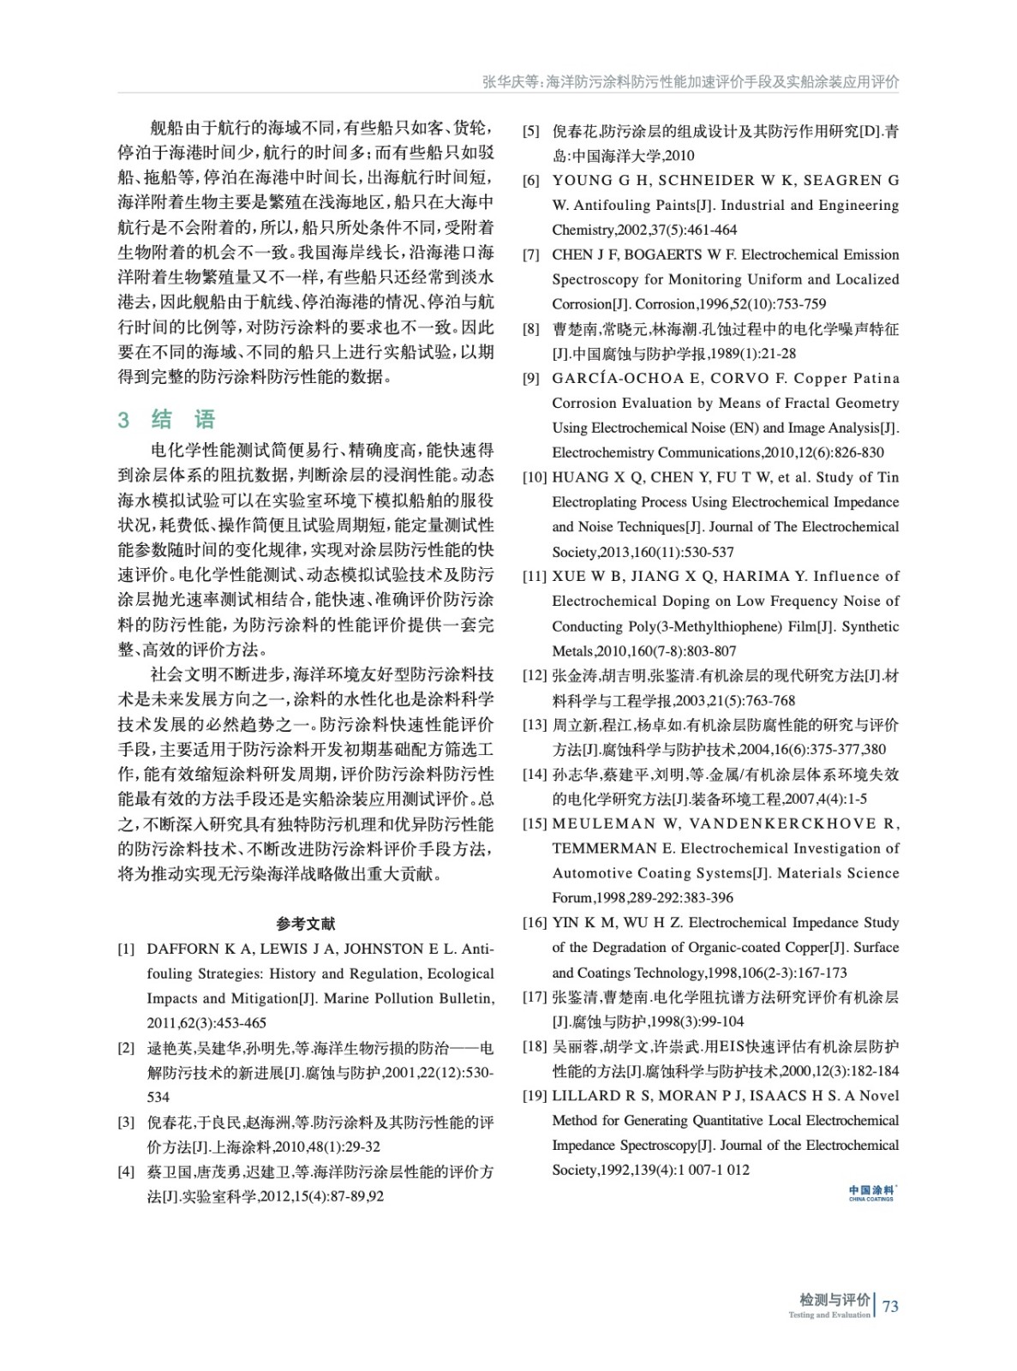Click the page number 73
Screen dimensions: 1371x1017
890,1306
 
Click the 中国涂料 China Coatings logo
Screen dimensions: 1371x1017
871,1192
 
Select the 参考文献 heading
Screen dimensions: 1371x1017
306,924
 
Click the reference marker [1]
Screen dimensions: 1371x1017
126,949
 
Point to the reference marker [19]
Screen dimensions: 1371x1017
535,1096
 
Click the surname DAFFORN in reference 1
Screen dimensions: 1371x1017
183,949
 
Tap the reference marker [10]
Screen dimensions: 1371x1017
535,477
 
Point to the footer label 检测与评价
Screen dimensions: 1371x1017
834,1300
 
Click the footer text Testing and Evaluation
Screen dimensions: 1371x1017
829,1315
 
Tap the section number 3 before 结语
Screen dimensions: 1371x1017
123,419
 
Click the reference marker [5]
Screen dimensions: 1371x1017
531,131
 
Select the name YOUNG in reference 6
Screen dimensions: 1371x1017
580,181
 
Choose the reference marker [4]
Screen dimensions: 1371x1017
126,1172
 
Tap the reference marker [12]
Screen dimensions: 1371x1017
535,676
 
